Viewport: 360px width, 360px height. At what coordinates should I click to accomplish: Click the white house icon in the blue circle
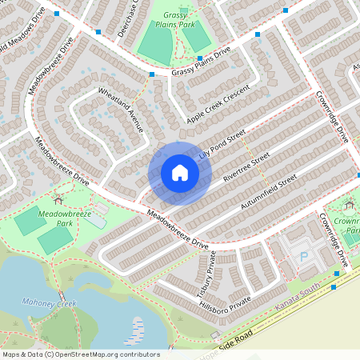point(179,173)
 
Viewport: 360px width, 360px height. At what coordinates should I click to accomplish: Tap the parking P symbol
point(303,256)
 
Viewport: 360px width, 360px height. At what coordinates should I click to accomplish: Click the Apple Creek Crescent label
point(218,106)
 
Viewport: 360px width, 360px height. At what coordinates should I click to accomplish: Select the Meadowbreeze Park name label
point(64,218)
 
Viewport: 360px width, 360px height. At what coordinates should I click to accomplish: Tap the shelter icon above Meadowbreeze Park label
point(57,198)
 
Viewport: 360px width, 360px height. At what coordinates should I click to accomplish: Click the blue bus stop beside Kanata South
point(335,274)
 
